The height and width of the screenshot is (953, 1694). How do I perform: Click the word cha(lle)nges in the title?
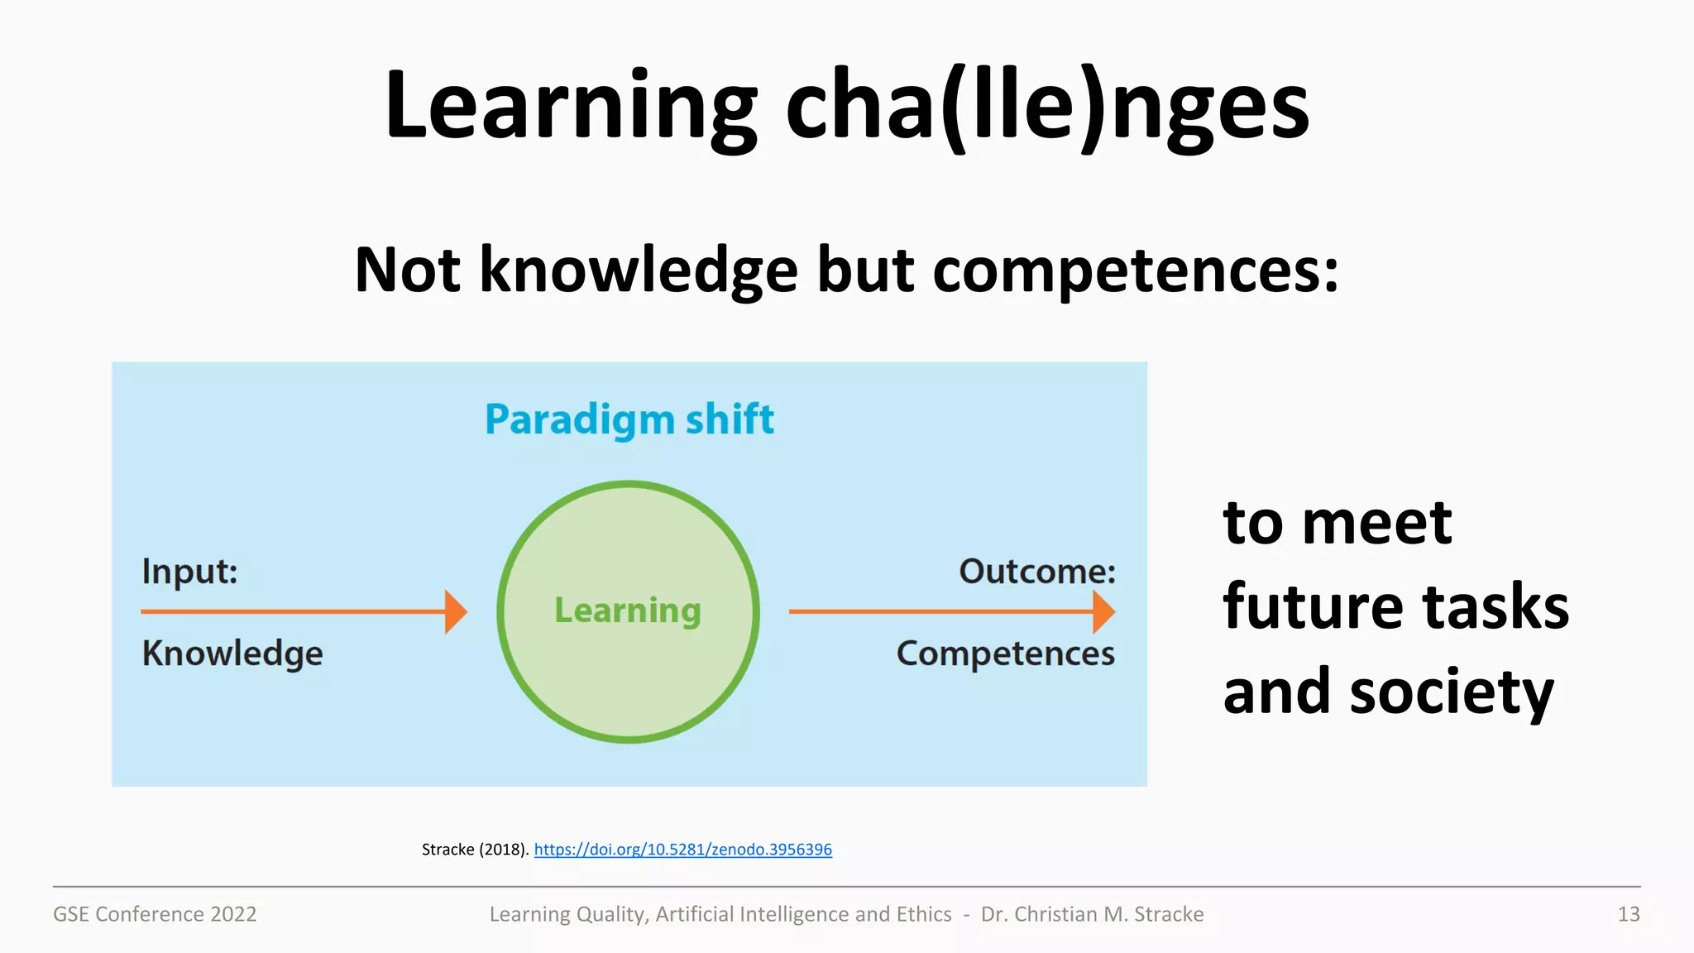(x=1047, y=108)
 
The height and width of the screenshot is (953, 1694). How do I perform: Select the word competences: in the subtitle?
(x=1135, y=271)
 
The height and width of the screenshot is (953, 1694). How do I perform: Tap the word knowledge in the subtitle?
(x=639, y=271)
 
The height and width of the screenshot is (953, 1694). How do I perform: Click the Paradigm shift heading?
(x=629, y=419)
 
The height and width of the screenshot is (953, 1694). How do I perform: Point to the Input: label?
(x=189, y=572)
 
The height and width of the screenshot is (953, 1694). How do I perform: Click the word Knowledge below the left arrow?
(x=232, y=654)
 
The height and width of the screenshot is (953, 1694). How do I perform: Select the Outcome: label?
(x=1037, y=572)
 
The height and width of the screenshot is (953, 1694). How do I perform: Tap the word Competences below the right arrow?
(x=1006, y=654)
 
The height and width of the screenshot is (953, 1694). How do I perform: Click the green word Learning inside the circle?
(x=628, y=611)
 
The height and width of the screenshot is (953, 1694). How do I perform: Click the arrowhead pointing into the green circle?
(x=456, y=611)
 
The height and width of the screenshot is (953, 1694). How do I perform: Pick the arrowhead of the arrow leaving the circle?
(x=1103, y=611)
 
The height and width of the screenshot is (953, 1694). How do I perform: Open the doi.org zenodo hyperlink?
(x=682, y=850)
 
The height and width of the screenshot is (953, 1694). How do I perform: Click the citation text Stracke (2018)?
(x=475, y=850)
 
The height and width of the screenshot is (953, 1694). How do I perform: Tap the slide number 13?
(x=1628, y=914)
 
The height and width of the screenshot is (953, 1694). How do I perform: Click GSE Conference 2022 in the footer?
(x=155, y=914)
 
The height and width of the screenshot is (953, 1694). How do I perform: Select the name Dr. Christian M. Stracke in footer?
(x=1092, y=914)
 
